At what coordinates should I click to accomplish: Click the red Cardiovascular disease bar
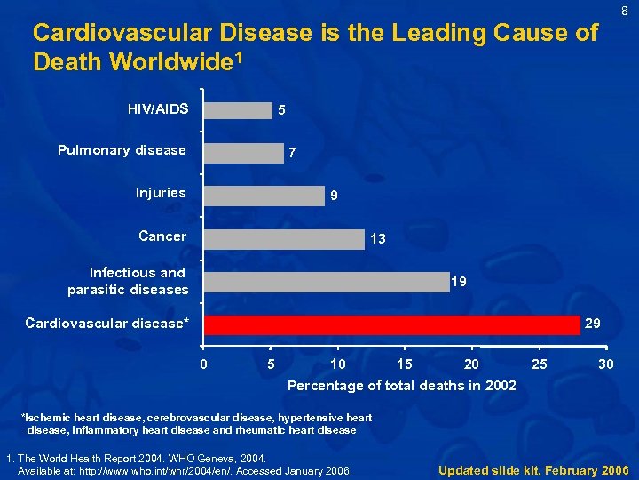tap(390, 324)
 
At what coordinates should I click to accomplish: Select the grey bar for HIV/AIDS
tap(237, 109)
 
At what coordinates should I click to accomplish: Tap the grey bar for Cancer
tap(283, 238)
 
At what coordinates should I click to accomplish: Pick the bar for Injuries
tap(264, 196)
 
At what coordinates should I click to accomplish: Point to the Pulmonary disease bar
tap(243, 153)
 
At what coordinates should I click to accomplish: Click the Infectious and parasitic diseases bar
tap(325, 282)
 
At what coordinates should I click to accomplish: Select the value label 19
tap(460, 282)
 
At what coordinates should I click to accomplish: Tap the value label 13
tap(377, 239)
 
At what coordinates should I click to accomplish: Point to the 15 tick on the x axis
tap(405, 364)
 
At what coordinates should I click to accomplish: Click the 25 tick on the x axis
tap(539, 364)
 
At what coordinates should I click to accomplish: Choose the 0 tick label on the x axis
tap(204, 364)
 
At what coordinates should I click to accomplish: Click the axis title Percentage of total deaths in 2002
tap(401, 386)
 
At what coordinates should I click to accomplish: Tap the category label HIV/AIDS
tap(158, 109)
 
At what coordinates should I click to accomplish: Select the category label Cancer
tap(162, 236)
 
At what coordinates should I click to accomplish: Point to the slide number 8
tap(625, 11)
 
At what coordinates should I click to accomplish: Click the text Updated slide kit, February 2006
tap(533, 469)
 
